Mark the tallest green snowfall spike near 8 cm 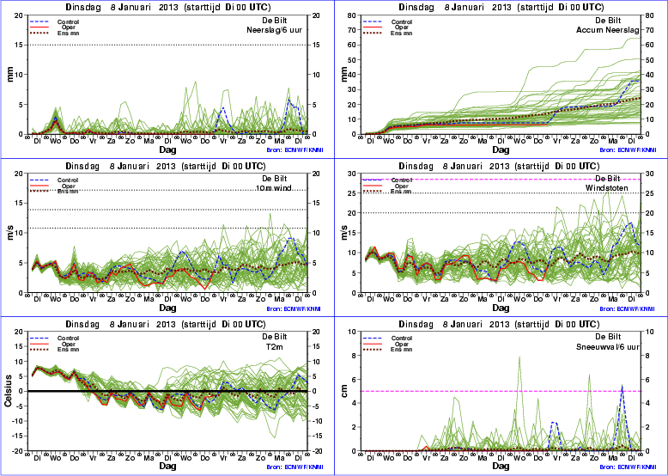[519, 357]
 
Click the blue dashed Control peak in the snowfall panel [622, 386]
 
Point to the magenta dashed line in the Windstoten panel [481, 179]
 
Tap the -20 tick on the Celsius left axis [18, 451]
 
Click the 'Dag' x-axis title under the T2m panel [167, 466]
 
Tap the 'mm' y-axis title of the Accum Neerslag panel [345, 73]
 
